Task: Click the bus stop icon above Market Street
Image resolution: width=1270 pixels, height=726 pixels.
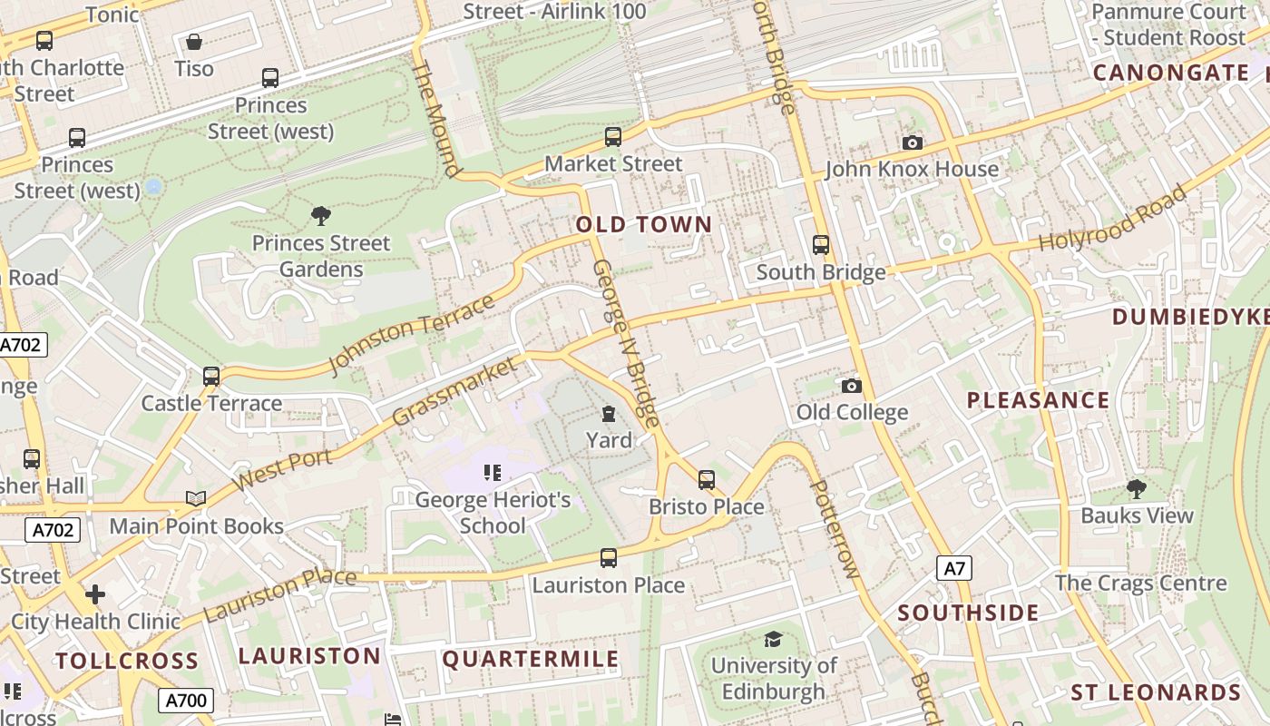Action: pos(613,137)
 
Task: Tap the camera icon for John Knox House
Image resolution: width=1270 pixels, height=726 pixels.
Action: pos(913,142)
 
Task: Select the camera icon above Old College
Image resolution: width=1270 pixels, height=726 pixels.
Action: pos(851,387)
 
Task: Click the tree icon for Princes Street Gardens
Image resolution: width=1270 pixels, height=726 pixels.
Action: pos(320,216)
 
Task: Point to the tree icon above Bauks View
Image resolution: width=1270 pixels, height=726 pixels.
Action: pos(1136,489)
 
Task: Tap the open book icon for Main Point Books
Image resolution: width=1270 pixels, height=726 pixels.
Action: pos(196,498)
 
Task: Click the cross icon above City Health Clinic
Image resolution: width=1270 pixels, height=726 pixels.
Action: pos(95,594)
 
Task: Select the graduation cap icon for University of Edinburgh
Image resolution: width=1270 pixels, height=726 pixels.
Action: pos(773,639)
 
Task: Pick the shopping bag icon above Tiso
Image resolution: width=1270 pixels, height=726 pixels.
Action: pos(194,42)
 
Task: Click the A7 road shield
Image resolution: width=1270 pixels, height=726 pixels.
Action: pos(954,568)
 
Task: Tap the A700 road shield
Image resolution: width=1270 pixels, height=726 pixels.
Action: pos(187,700)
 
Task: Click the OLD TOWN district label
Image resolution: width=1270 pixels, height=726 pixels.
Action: pos(644,224)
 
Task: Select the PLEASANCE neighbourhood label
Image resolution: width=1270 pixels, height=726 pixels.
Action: pos(1038,400)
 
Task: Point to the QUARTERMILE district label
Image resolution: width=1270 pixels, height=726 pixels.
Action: pos(531,659)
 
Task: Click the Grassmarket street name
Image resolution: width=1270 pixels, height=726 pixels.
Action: pos(455,391)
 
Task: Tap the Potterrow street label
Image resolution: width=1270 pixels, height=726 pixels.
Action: pos(833,529)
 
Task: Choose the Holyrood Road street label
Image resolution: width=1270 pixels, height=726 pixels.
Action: pos(1112,219)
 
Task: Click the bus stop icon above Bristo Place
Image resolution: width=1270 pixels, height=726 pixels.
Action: pos(706,480)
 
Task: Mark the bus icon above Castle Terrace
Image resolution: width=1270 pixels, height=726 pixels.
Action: pos(211,376)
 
